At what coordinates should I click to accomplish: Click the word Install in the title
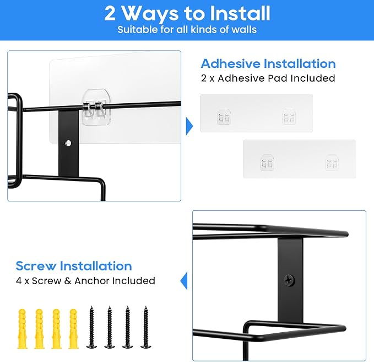tap(240, 14)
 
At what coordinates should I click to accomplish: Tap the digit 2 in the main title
tap(110, 14)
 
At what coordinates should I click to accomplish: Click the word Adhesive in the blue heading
tap(231, 63)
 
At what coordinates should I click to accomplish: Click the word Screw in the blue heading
tap(36, 266)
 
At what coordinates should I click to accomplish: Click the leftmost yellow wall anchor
tap(22, 328)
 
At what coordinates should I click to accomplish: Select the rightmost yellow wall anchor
tap(73, 328)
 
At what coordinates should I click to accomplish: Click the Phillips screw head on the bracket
tap(289, 280)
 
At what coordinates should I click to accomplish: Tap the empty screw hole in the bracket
tap(68, 143)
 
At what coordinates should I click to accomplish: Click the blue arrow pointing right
tap(189, 126)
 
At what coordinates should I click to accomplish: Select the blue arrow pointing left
tap(184, 281)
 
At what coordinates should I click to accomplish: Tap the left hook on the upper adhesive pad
tap(224, 116)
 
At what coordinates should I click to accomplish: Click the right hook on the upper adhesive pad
tap(289, 116)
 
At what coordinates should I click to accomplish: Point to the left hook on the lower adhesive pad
tap(267, 162)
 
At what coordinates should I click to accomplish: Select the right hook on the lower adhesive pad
tap(332, 162)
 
